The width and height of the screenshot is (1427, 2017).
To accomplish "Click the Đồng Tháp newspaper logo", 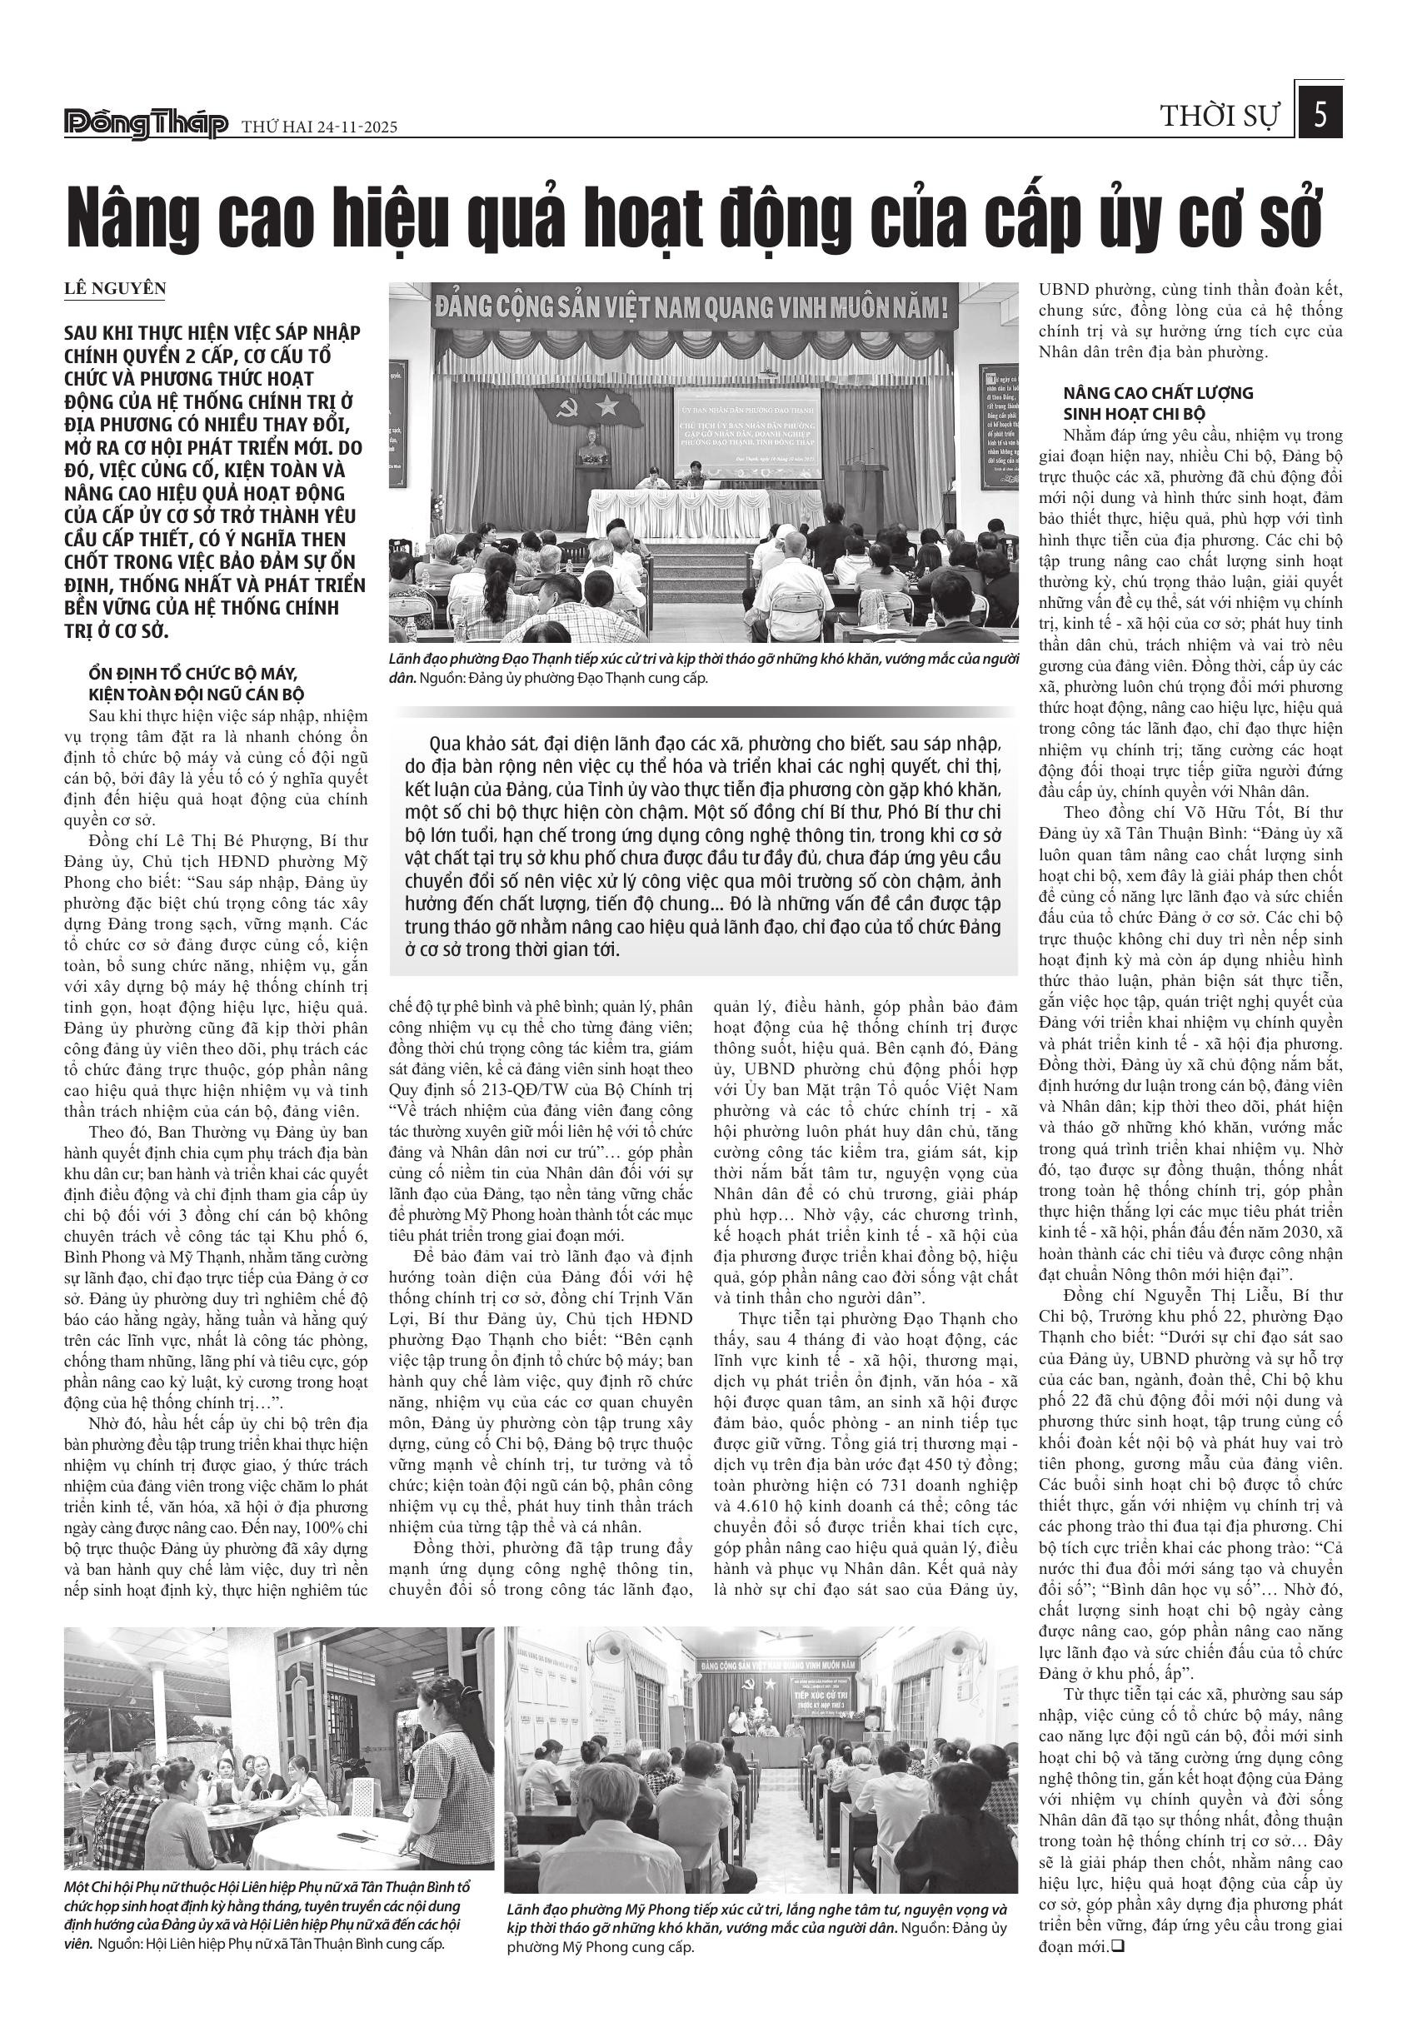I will point(146,126).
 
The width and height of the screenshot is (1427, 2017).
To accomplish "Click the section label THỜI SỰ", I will point(1220,117).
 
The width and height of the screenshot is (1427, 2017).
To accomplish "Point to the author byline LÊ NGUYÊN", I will point(114,289).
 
